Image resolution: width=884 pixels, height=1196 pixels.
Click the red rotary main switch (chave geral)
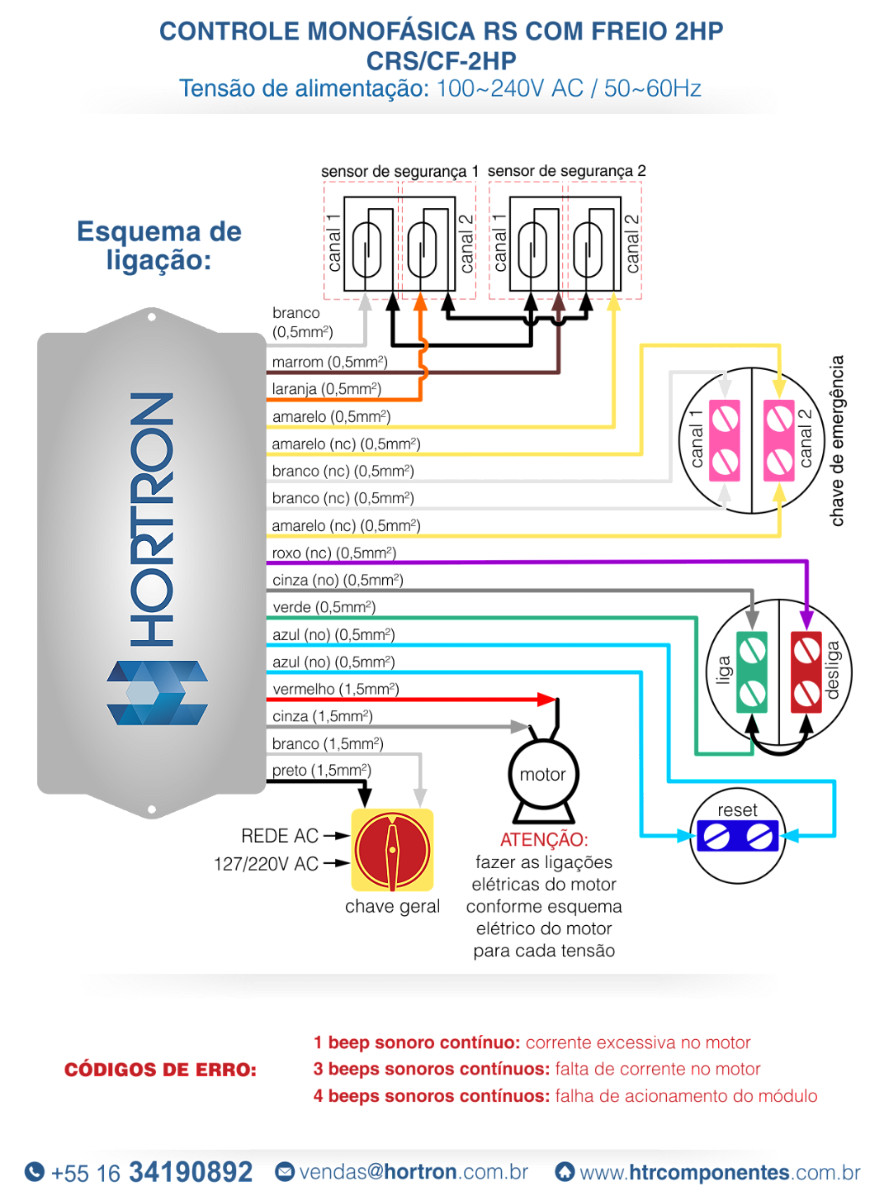click(x=392, y=851)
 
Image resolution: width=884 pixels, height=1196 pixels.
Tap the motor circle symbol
click(x=543, y=774)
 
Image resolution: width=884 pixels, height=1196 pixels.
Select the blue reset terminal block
click(x=737, y=837)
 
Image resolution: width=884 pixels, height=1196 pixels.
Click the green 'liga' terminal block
click(x=752, y=672)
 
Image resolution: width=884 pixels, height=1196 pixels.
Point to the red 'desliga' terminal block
click(x=806, y=672)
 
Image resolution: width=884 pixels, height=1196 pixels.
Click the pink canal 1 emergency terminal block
click(x=724, y=440)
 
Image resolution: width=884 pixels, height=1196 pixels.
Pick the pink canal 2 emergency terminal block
click(x=779, y=440)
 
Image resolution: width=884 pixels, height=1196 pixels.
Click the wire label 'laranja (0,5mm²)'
click(x=327, y=389)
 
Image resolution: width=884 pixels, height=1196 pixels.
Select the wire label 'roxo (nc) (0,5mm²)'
click(x=334, y=553)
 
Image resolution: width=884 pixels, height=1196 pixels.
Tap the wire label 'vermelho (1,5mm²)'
click(x=336, y=689)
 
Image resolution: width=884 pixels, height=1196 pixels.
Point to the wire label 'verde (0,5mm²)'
click(x=324, y=608)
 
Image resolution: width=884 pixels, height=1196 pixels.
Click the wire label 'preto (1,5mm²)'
click(x=322, y=771)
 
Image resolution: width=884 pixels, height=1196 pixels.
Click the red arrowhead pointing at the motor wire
click(x=546, y=700)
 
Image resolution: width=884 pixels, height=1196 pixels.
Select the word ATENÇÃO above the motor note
click(x=544, y=839)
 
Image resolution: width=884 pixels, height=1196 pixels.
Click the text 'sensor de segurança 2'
click(x=566, y=171)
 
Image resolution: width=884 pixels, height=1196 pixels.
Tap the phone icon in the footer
click(x=35, y=1171)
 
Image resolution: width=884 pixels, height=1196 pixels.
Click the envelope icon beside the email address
click(x=285, y=1171)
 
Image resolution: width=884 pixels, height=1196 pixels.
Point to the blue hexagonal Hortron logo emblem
click(x=157, y=692)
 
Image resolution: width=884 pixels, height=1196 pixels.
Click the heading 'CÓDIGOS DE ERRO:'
click(x=161, y=1070)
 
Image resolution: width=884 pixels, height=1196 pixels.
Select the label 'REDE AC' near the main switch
click(x=280, y=836)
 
